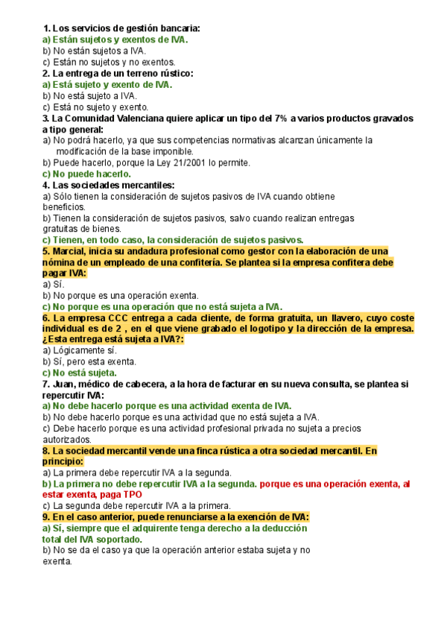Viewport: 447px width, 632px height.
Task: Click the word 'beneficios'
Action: pyautogui.click(x=65, y=206)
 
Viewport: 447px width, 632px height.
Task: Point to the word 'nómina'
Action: pyautogui.click(x=59, y=263)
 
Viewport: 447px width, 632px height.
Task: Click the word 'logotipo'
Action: pyautogui.click(x=265, y=329)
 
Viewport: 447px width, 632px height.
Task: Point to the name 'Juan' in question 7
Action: pyautogui.click(x=66, y=384)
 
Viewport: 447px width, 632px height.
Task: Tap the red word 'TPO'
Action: pyautogui.click(x=131, y=495)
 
